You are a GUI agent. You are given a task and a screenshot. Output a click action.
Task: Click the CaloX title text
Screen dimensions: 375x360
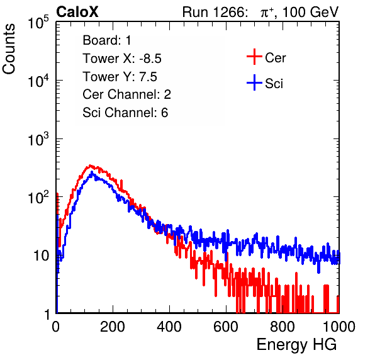tap(77, 12)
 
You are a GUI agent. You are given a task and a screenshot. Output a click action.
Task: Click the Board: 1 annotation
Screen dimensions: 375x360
tap(107, 40)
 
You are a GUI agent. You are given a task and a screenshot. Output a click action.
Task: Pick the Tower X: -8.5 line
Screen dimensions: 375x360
tap(122, 59)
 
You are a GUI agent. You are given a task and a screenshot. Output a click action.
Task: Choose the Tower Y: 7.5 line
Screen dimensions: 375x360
tap(120, 77)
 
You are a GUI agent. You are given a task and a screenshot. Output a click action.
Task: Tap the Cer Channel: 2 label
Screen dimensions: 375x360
tap(126, 94)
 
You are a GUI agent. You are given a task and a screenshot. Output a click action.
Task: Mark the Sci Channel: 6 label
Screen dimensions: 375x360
tap(125, 113)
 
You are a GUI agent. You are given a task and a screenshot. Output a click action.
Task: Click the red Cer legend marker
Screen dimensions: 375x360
tap(254, 57)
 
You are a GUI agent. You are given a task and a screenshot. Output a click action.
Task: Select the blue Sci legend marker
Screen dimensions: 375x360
tap(254, 82)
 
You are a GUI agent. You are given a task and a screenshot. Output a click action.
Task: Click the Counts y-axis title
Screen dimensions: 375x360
tap(9, 49)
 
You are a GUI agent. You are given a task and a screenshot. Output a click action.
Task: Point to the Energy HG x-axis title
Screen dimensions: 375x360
tap(296, 345)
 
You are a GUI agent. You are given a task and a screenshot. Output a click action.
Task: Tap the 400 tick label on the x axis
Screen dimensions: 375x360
tap(169, 327)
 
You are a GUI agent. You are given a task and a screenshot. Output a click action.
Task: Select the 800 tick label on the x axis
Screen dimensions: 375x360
tap(283, 327)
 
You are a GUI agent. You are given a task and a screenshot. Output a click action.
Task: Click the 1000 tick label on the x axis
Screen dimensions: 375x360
tap(339, 327)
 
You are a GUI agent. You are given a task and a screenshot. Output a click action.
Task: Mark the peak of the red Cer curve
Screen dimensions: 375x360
tap(90, 166)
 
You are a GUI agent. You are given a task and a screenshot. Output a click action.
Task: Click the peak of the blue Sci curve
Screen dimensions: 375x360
tap(92, 172)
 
